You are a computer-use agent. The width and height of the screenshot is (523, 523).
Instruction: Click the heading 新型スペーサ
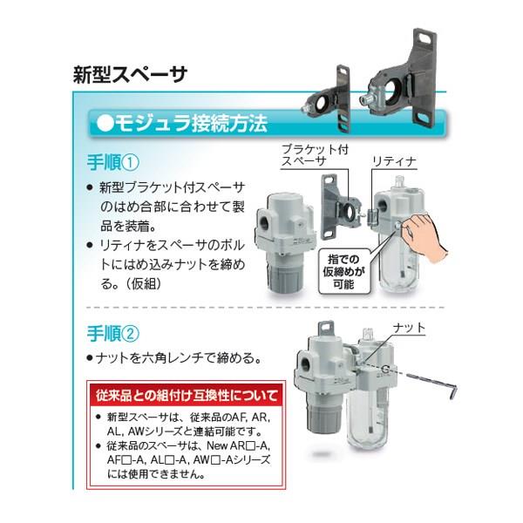click(x=130, y=75)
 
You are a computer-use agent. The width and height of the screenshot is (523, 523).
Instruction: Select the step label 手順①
click(x=112, y=163)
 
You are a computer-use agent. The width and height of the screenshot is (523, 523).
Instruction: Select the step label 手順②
click(x=112, y=334)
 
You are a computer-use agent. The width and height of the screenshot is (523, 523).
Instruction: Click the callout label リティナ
click(x=395, y=162)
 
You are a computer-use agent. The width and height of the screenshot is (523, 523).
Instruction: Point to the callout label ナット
click(x=410, y=328)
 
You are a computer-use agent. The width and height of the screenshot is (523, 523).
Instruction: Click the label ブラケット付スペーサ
click(x=314, y=155)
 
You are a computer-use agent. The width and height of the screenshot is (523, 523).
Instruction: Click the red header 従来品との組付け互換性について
click(x=187, y=396)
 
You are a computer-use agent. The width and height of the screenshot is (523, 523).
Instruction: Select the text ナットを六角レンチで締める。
click(x=173, y=358)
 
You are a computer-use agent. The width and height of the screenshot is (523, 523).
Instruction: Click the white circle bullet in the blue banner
click(x=105, y=124)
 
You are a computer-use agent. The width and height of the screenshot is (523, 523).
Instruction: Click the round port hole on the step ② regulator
click(x=308, y=363)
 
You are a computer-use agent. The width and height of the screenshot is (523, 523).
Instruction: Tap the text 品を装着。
click(x=128, y=227)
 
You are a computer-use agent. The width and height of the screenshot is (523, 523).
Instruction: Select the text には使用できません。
click(x=156, y=473)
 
